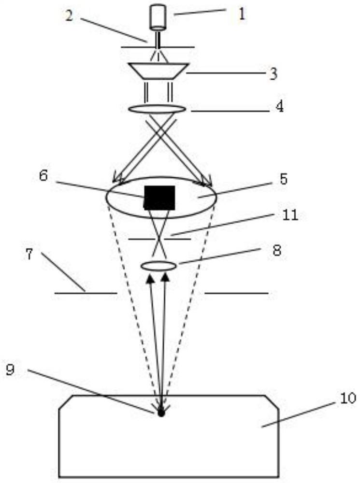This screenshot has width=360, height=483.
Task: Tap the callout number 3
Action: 274,74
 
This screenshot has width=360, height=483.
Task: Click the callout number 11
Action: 290,215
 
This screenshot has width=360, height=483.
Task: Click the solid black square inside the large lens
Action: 159,197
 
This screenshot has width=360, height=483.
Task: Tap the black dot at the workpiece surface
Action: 161,413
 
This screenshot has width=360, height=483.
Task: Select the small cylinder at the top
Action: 158,16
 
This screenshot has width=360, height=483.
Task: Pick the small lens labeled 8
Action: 158,265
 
